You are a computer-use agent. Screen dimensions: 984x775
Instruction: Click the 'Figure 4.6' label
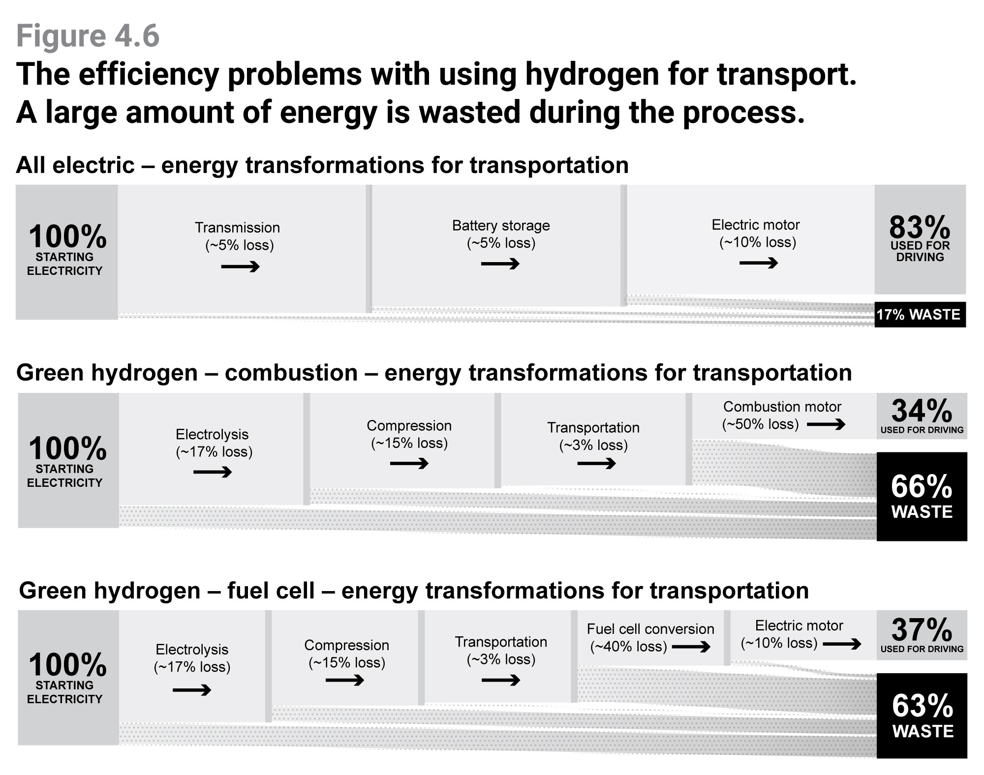tap(88, 36)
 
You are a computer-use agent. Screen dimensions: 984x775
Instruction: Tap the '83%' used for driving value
tap(919, 227)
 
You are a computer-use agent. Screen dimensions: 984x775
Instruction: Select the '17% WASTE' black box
tap(919, 315)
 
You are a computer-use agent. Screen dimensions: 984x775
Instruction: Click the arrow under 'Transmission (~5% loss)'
tap(240, 267)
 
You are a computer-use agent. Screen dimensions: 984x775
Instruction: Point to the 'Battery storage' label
tap(501, 226)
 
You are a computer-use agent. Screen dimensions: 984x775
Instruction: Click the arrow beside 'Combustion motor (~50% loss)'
tap(826, 424)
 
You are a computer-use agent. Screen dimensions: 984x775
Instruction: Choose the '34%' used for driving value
tap(922, 411)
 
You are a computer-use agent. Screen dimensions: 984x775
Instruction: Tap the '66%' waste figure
tap(922, 486)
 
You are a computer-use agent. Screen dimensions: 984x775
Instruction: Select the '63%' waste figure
tap(922, 706)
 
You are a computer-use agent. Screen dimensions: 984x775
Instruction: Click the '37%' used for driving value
tap(922, 629)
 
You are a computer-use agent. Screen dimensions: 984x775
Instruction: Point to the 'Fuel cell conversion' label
tap(650, 629)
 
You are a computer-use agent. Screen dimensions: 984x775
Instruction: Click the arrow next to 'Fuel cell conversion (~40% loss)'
tap(691, 647)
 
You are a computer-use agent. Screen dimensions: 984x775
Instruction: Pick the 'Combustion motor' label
tap(782, 407)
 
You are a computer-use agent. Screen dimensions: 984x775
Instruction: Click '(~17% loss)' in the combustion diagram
tap(214, 452)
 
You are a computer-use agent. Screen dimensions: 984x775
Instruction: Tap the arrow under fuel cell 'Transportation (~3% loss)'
tap(501, 681)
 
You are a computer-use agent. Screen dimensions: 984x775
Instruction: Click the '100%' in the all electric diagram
tap(67, 237)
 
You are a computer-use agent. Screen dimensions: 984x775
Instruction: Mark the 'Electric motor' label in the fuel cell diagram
tap(799, 626)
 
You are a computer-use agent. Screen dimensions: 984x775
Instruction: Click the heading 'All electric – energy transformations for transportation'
tap(322, 165)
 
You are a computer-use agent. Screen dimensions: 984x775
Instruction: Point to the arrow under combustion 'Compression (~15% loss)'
tap(409, 463)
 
